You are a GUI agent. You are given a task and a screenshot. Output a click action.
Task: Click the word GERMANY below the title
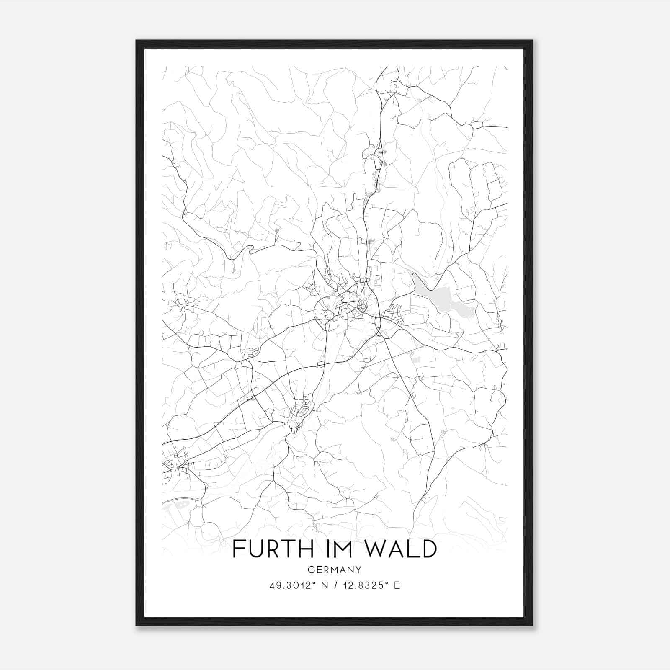[x=334, y=569]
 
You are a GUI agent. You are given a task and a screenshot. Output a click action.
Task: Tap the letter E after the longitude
[x=397, y=585]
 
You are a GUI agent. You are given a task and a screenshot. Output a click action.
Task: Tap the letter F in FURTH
[x=239, y=549]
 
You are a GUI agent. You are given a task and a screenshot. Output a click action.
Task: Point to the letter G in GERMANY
[x=310, y=569]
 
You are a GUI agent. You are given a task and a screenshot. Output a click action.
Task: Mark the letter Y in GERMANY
[x=359, y=569]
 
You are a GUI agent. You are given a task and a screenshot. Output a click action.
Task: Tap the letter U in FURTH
[x=255, y=549]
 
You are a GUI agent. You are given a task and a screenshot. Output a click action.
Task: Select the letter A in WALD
[x=398, y=549]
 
